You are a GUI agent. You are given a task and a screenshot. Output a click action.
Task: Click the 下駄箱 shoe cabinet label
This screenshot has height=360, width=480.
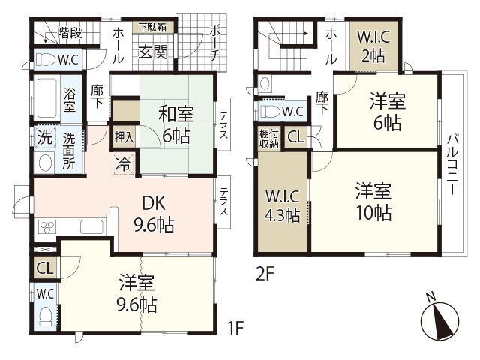(x=152, y=27)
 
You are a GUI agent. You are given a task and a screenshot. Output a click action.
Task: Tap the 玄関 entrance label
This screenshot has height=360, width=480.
(x=153, y=52)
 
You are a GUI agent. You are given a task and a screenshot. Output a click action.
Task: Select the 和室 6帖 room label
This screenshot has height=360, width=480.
(x=175, y=125)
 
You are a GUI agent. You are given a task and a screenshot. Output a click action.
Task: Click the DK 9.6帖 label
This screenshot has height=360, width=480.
(x=154, y=214)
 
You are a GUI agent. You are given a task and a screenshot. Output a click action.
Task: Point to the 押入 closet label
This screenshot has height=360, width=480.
(x=124, y=136)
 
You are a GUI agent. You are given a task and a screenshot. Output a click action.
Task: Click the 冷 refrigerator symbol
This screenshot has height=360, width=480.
(x=124, y=164)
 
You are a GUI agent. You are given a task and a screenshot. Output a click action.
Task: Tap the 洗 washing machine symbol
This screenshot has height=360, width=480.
(x=45, y=136)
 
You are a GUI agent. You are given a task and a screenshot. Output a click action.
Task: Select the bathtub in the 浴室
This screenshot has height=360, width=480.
(x=46, y=98)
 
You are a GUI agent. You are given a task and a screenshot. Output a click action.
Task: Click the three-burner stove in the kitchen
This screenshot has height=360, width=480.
(x=47, y=226)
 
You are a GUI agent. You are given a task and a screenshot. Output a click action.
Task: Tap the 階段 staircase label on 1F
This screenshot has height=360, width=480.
(x=70, y=33)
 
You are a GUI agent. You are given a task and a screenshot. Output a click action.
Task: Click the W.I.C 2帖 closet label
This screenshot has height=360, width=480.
(x=373, y=46)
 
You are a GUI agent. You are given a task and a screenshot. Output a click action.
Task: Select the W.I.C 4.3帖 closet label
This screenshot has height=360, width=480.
(x=282, y=205)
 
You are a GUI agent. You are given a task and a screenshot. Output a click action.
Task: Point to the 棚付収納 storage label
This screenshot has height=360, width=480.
(x=269, y=139)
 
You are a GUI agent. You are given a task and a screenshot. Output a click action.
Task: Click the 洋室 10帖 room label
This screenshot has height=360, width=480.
(x=373, y=202)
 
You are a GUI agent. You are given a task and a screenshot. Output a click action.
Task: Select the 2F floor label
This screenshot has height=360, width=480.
(x=265, y=274)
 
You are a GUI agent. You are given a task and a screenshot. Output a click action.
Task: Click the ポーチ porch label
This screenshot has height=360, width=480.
(x=215, y=43)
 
